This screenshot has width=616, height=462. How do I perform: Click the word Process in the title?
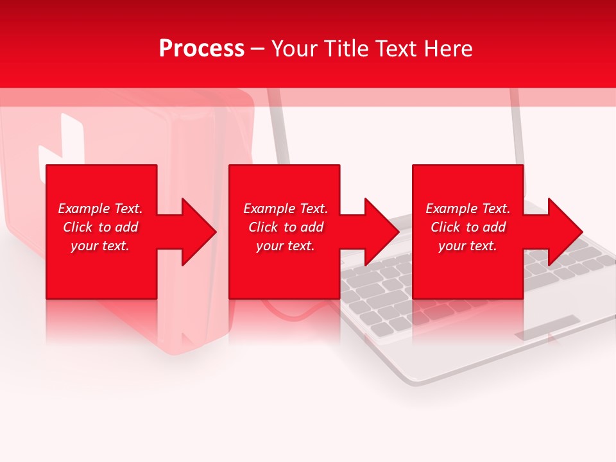pos(201,49)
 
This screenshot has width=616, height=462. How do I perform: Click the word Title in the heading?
pos(347,49)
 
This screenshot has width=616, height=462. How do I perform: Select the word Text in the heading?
pos(396,49)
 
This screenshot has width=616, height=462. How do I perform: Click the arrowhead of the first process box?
pos(196,232)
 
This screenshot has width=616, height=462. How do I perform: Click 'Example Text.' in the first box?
pos(100,209)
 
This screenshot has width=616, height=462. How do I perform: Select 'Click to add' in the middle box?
pos(286,227)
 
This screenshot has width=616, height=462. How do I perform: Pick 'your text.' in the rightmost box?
pos(468,246)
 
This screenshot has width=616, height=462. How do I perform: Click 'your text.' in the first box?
pos(100,246)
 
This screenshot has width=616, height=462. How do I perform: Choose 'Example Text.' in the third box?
pos(468,209)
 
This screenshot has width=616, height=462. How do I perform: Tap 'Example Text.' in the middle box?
pos(286,209)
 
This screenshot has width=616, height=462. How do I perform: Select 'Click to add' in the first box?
pos(100,227)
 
